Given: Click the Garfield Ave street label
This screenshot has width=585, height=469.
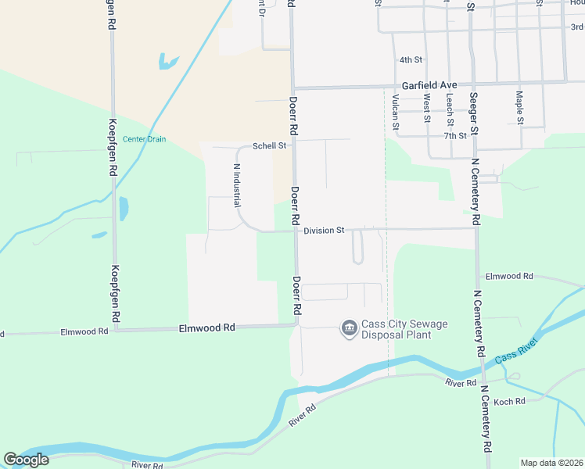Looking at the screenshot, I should pyautogui.click(x=429, y=84).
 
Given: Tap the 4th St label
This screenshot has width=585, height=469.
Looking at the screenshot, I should pyautogui.click(x=411, y=59).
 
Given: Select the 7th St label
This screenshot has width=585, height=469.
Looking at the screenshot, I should pyautogui.click(x=454, y=135).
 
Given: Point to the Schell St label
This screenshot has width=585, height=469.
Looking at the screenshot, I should pyautogui.click(x=271, y=145).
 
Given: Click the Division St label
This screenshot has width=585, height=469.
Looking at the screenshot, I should pyautogui.click(x=324, y=231).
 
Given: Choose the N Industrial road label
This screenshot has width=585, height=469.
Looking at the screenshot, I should pyautogui.click(x=236, y=185).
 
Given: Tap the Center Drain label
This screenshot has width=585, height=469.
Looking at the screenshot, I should pyautogui.click(x=144, y=139).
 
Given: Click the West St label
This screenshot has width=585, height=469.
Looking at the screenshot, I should pyautogui.click(x=427, y=109).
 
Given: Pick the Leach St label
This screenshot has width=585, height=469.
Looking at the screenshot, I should pyautogui.click(x=450, y=109).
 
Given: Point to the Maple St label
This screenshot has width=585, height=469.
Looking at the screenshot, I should pyautogui.click(x=519, y=108).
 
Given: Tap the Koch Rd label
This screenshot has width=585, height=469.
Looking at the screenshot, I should pyautogui.click(x=509, y=401).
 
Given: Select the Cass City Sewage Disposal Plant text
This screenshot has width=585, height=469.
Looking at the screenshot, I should pyautogui.click(x=396, y=330).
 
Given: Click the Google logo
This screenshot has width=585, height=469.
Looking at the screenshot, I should pyautogui.click(x=26, y=460).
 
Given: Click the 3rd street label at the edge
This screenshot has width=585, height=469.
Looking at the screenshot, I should pyautogui.click(x=577, y=27).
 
